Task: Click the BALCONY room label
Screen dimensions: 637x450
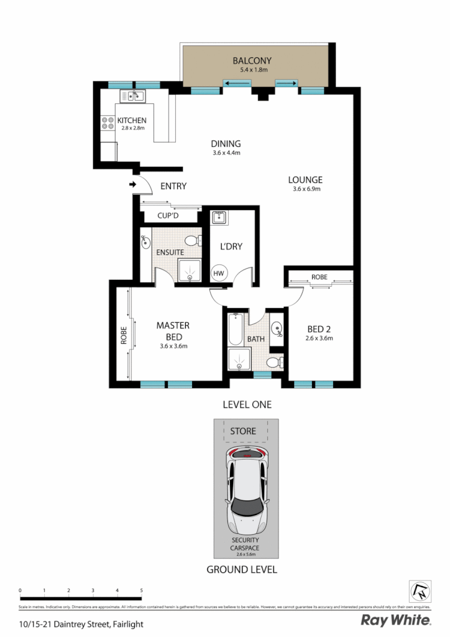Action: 252,60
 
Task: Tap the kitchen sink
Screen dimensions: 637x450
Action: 132,96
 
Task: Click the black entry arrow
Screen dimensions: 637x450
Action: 132,184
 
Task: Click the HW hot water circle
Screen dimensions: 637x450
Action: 219,272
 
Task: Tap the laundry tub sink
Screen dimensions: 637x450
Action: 219,218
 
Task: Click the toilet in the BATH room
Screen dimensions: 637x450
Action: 273,362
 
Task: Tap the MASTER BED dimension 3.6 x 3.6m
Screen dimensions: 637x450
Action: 173,346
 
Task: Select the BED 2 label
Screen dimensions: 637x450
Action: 320,330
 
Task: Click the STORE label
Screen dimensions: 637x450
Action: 243,430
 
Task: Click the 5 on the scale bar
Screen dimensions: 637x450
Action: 142,590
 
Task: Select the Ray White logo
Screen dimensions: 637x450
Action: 396,620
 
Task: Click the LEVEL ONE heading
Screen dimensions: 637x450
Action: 247,404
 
